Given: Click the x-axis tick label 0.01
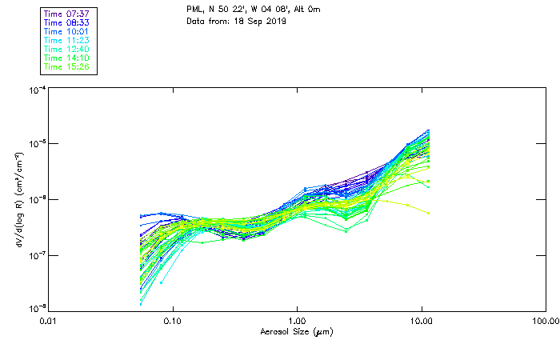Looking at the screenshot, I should pyautogui.click(x=48, y=321).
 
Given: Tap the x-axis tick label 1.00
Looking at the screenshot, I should pyautogui.click(x=297, y=321).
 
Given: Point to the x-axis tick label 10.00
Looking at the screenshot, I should pyautogui.click(x=421, y=321).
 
